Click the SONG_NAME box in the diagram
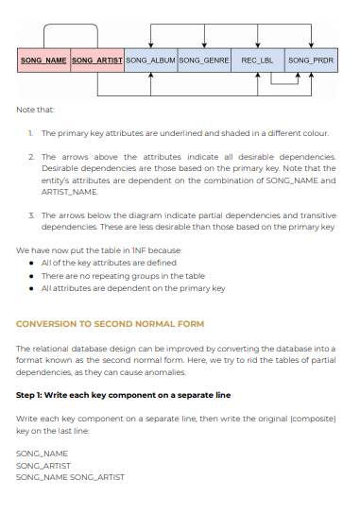(43, 60)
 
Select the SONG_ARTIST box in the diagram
(96, 60)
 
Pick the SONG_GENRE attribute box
(203, 60)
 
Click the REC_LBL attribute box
(257, 60)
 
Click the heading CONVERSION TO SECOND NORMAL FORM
(110, 324)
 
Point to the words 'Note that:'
(35, 110)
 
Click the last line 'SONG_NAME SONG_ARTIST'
(70, 476)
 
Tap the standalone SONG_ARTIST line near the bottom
(43, 465)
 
